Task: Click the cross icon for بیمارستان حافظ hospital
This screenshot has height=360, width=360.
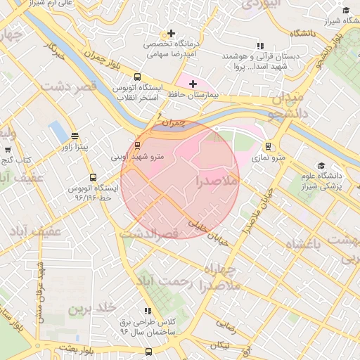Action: point(193,84)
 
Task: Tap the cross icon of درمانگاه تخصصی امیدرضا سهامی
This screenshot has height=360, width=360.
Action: point(170,33)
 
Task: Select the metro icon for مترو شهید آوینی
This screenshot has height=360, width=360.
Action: point(136,146)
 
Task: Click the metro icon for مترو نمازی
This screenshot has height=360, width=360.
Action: point(268,146)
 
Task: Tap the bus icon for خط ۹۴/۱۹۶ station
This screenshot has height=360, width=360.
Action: point(93,178)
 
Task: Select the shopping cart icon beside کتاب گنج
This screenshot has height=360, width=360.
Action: point(8,149)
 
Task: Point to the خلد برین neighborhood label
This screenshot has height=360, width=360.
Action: point(91,309)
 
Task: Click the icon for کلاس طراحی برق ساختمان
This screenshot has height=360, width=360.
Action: point(148,310)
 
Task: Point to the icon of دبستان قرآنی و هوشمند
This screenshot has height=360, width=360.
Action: point(261,46)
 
